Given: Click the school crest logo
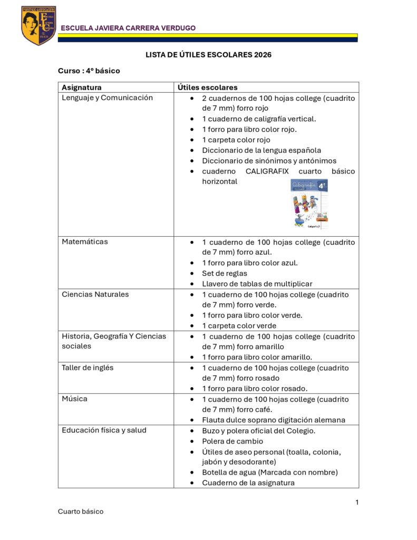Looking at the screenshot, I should (38, 25).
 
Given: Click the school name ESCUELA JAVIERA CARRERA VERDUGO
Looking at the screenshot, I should (128, 28).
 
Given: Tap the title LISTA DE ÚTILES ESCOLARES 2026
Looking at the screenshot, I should (208, 55).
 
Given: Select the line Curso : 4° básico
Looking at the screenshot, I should (89, 71).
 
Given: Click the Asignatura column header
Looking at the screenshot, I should (82, 88).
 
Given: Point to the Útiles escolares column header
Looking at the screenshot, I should (207, 88).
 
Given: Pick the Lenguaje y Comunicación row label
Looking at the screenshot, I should (107, 98).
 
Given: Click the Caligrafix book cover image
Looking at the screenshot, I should (310, 204).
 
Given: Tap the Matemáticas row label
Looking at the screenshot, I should (85, 242).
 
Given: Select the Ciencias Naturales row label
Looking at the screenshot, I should (95, 294).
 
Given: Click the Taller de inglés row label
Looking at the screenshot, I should (88, 368).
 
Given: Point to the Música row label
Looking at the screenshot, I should (75, 399).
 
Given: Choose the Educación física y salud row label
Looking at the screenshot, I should (104, 430).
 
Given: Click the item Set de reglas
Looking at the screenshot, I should (225, 273).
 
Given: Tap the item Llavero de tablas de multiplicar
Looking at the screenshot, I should (257, 284).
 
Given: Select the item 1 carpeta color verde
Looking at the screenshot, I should (239, 326).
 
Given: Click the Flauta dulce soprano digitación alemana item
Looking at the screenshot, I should (274, 420).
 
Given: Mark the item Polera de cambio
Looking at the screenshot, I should (232, 441).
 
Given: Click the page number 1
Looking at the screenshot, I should (357, 502).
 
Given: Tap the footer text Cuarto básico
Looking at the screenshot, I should (81, 512).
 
